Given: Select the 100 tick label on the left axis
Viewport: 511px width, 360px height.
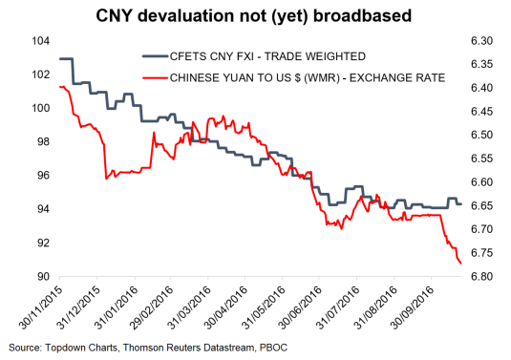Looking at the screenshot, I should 41,108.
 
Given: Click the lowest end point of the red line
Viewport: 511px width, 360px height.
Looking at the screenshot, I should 461,263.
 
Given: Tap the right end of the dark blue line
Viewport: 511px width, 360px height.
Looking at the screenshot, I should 462,203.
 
